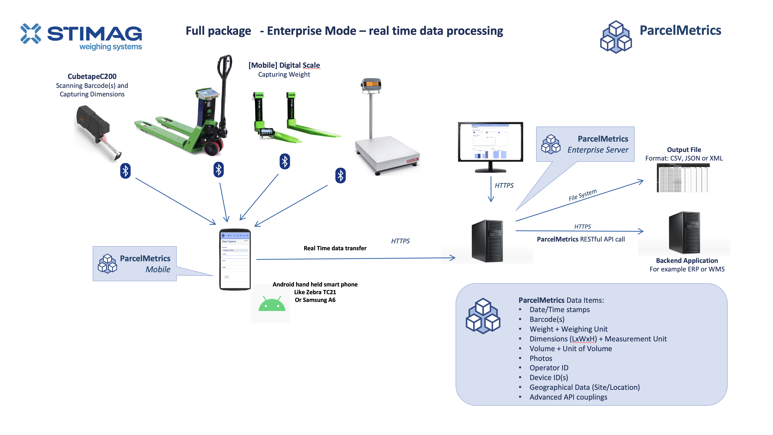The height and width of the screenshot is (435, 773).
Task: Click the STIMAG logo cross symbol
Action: tap(31, 33)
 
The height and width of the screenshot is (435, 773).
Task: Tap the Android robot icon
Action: tap(272, 304)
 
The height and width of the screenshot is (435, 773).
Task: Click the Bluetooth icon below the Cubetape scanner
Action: tap(125, 171)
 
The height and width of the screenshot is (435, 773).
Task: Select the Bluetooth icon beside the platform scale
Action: tap(340, 176)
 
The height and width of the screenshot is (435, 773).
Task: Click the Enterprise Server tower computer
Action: tap(487, 241)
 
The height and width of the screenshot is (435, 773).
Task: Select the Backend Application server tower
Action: tap(685, 233)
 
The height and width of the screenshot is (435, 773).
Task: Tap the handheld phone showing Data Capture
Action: tap(235, 259)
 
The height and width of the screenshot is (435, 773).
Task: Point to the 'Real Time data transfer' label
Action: tap(335, 248)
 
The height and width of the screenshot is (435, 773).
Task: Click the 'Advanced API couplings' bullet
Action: tap(568, 397)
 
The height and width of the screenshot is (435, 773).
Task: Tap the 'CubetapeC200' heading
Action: tap(92, 76)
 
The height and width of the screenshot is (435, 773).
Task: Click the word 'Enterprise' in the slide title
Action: tap(311, 31)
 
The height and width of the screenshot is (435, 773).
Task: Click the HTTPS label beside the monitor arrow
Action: tap(504, 186)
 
